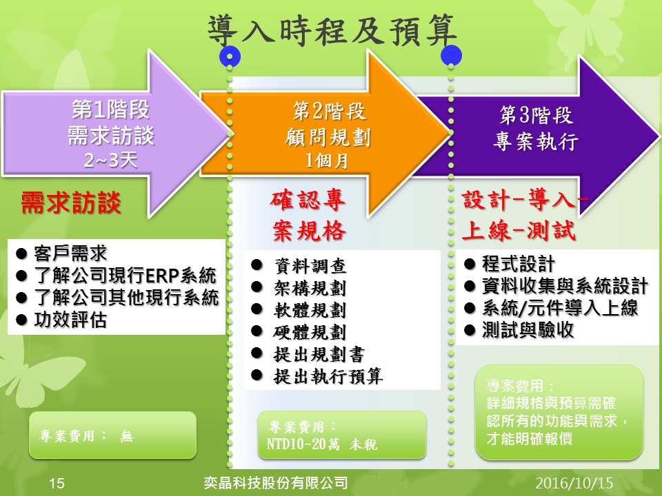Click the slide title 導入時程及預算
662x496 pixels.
pos(332,30)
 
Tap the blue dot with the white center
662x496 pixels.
pos(230,56)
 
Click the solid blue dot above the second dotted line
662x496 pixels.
pos(451,55)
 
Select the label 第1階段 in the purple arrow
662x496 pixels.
pos(110,110)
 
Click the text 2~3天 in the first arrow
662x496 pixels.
pos(110,160)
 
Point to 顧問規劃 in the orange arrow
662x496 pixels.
pos(328,137)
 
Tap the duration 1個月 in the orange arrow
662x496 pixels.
pos(327,161)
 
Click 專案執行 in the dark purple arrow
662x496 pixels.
pos(536,141)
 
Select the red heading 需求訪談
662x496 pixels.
pos(71,203)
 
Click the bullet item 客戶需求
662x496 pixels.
pos(70,253)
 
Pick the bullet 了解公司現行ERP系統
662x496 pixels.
pos(126,276)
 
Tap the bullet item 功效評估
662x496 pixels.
pos(70,320)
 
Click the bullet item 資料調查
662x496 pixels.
pos(310,266)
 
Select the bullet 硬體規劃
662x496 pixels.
pos(310,332)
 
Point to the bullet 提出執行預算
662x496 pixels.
pos(328,376)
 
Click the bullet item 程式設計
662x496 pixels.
pos(519,264)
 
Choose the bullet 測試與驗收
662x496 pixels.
pos(528,329)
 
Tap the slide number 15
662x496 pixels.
pos(57,483)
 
